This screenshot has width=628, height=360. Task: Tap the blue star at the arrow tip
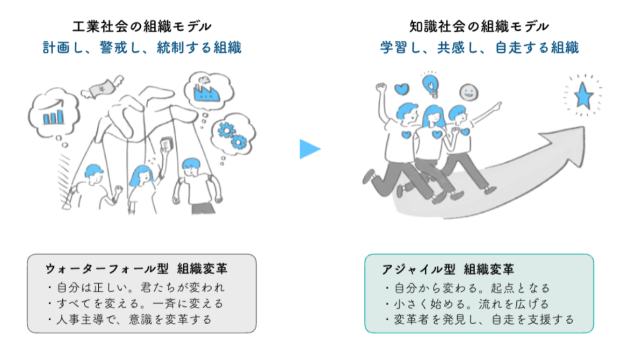click(583, 97)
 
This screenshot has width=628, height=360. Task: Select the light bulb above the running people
click(431, 84)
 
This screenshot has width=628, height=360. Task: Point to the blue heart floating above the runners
click(402, 89)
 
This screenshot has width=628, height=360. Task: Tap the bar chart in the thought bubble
click(54, 114)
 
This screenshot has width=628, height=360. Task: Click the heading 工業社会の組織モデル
click(142, 26)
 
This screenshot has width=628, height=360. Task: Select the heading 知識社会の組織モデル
click(479, 26)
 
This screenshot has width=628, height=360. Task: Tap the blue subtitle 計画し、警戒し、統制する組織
click(142, 48)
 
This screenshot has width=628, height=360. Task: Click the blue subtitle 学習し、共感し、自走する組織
click(479, 48)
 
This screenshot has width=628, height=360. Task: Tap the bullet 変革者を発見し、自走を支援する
click(479, 320)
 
